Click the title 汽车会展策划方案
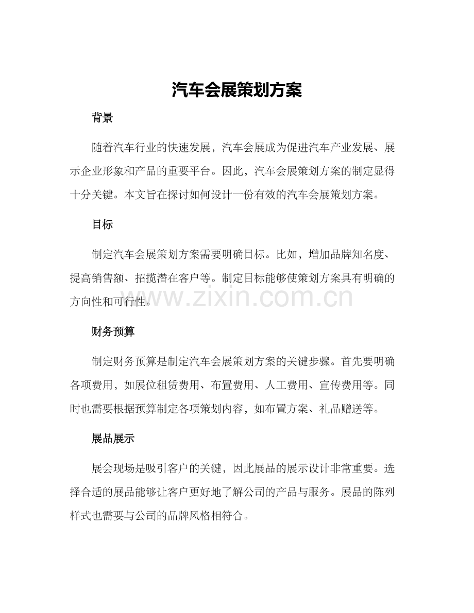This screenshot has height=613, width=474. pyautogui.click(x=236, y=91)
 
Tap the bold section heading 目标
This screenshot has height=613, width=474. pyautogui.click(x=102, y=225)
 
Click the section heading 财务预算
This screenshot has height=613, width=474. pyautogui.click(x=113, y=332)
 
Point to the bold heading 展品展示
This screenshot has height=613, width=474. pyautogui.click(x=113, y=439)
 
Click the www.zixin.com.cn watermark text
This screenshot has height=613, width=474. pyautogui.click(x=236, y=298)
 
